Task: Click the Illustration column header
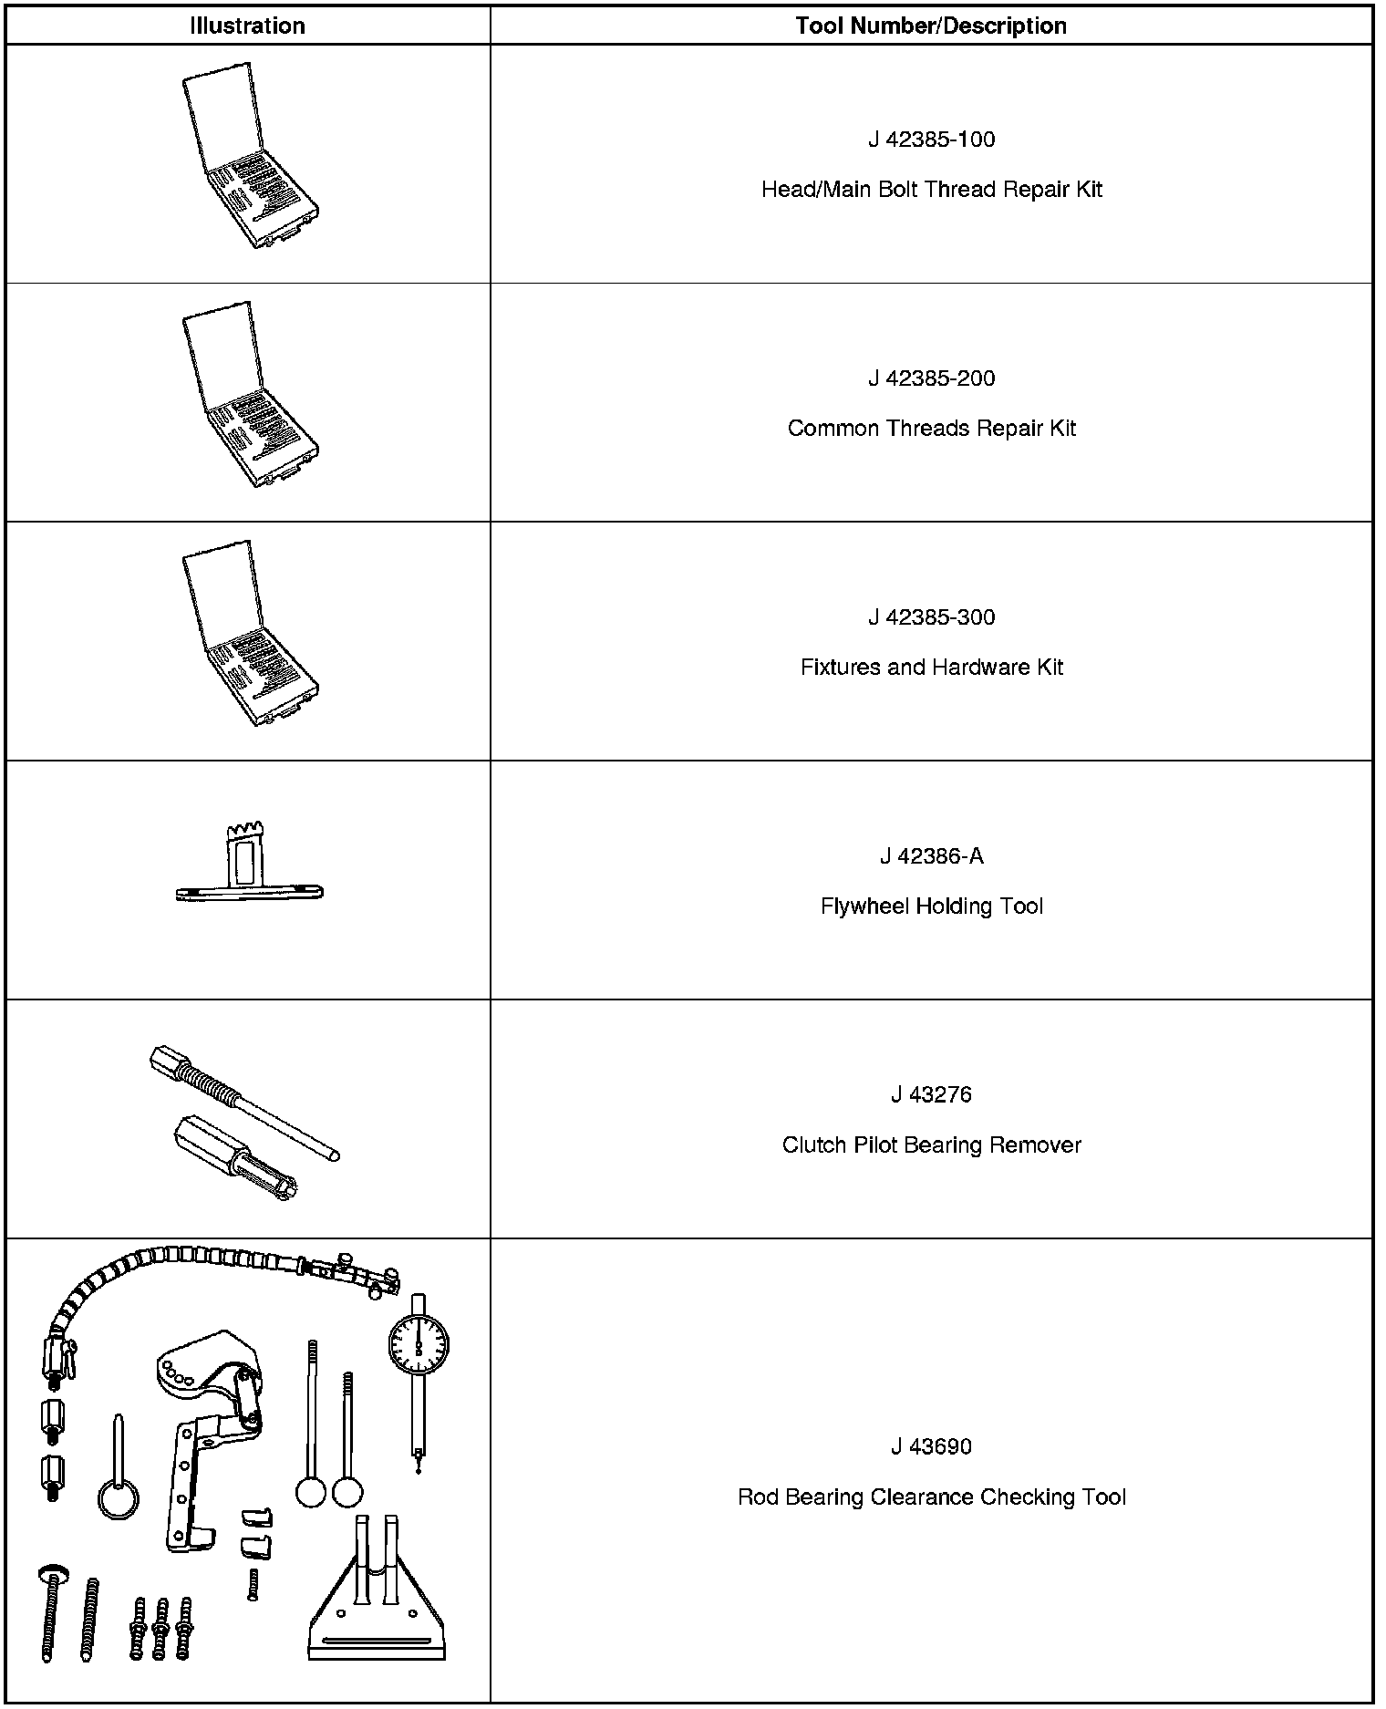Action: [247, 26]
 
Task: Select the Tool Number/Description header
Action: [931, 26]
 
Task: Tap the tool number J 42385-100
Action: [931, 140]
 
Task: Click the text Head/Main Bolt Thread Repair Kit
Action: [931, 190]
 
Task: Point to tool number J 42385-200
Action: [931, 378]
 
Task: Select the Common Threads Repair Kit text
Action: [931, 429]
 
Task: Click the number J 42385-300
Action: [931, 617]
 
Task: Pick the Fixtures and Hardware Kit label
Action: [931, 668]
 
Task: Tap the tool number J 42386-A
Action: [931, 856]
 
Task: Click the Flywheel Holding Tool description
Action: [931, 906]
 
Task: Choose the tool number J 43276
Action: [931, 1094]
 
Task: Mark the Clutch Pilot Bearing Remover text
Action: [931, 1145]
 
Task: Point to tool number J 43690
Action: [931, 1446]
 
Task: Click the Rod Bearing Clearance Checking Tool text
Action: [931, 1497]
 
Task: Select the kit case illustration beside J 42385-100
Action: [249, 155]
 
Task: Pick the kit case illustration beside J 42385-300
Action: [249, 633]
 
